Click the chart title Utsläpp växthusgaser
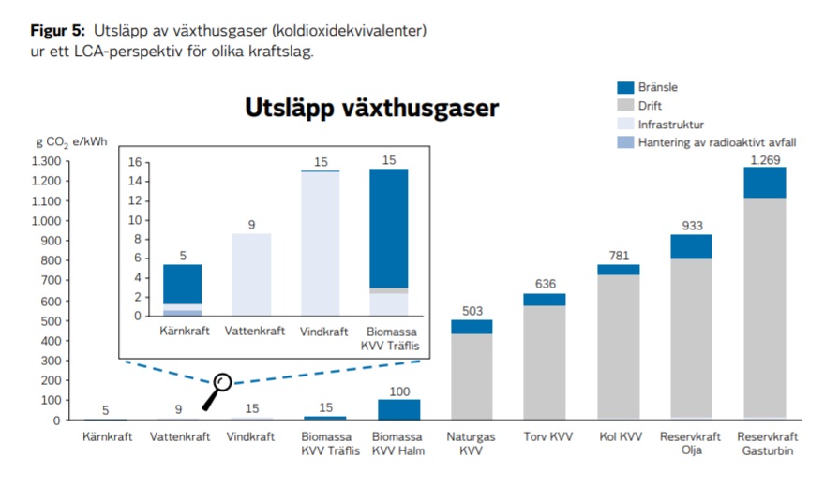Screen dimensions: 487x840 tap(371, 108)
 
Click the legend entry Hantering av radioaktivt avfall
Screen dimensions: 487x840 tap(717, 142)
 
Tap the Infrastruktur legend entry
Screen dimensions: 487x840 tap(670, 124)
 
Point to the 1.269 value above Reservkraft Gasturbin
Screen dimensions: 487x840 tap(765, 159)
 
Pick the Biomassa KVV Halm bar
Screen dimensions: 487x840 tap(399, 409)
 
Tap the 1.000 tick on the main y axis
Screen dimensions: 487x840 tap(46, 221)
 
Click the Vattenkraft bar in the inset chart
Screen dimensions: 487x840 tap(251, 273)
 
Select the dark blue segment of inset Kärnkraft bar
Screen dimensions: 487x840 tap(182, 284)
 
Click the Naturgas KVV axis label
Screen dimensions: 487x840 tap(472, 443)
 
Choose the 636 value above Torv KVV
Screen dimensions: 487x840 tap(545, 284)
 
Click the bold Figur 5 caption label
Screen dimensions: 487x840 tap(56, 31)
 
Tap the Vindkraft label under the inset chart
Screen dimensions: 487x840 tap(320, 331)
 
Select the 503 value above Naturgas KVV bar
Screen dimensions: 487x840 tap(472, 310)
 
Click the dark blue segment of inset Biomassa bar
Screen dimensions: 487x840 tap(389, 228)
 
